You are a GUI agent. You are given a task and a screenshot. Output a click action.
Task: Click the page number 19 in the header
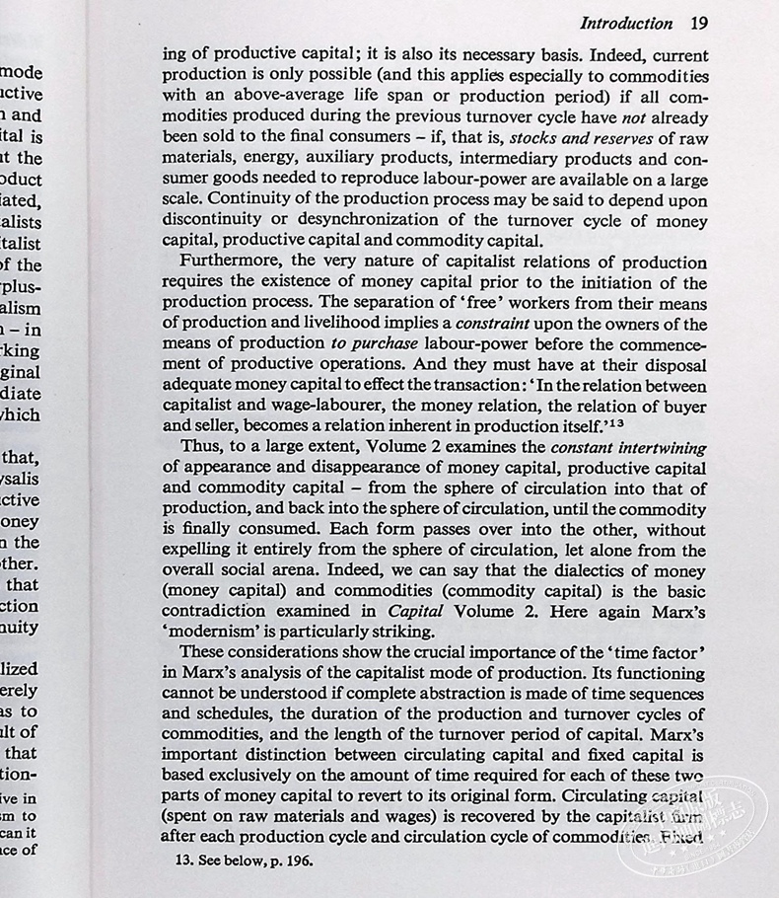pos(698,23)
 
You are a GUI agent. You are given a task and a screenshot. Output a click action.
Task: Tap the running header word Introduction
pos(626,23)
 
